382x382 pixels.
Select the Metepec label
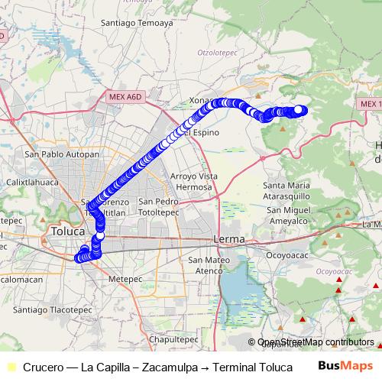coord(126,280)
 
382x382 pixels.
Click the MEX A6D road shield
coord(125,97)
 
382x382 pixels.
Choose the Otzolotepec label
coord(219,53)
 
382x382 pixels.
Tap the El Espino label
coord(201,133)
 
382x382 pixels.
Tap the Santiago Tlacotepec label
coord(47,310)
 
